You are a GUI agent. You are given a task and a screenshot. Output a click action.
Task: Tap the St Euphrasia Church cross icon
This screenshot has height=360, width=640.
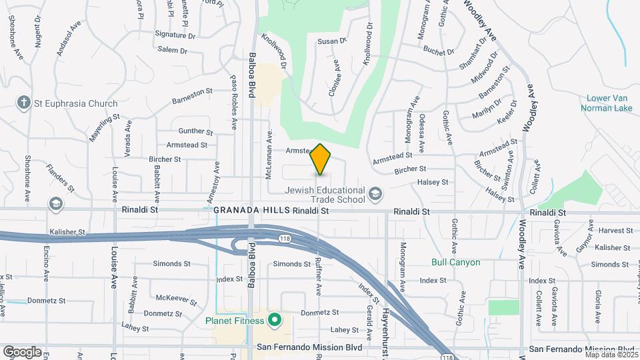(24, 103)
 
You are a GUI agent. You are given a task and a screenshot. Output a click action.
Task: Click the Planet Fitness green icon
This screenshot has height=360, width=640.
(273, 320)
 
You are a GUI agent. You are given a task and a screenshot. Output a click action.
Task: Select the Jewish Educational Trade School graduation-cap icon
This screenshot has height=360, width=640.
(375, 194)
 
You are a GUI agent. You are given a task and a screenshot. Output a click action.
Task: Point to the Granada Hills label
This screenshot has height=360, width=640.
(252, 210)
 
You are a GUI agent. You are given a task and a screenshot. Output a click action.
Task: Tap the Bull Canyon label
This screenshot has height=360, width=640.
(456, 262)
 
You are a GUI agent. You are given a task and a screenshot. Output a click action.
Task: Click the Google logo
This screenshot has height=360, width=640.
(22, 351)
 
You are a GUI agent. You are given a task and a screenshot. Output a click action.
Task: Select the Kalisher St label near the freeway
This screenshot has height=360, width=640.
(67, 232)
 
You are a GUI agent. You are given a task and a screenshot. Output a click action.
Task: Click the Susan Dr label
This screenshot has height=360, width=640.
(332, 41)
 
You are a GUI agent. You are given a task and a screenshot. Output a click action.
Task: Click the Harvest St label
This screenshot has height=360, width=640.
(615, 230)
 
